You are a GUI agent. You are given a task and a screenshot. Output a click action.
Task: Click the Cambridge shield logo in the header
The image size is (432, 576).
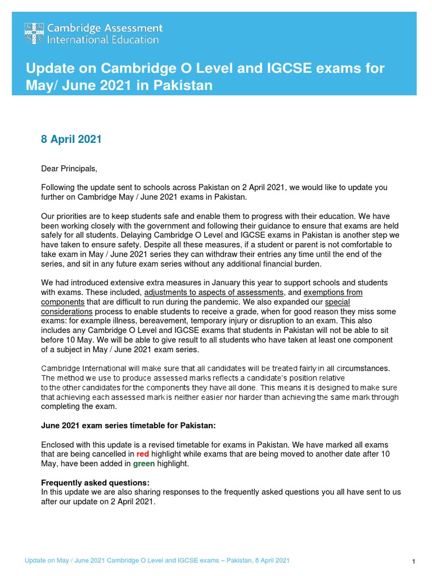click(34, 34)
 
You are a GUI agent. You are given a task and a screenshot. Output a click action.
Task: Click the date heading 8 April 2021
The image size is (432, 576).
click(71, 139)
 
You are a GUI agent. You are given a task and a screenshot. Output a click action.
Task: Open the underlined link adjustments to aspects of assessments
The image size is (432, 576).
click(213, 292)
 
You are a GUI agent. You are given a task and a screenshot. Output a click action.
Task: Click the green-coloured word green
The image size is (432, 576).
click(143, 464)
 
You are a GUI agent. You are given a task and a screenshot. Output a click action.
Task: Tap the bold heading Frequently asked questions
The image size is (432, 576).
click(96, 483)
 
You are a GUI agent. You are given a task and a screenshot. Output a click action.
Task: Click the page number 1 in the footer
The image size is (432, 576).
click(413, 562)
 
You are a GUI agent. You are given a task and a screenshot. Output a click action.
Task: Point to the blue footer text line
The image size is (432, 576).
click(157, 561)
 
